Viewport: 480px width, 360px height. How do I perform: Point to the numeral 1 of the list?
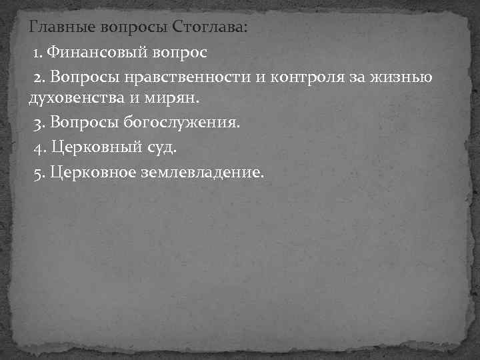pyautogui.click(x=37, y=52)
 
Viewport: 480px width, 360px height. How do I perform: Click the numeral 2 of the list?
pyautogui.click(x=39, y=77)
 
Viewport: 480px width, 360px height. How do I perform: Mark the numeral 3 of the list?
pyautogui.click(x=39, y=124)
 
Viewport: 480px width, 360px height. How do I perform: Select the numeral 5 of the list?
pyautogui.click(x=39, y=173)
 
